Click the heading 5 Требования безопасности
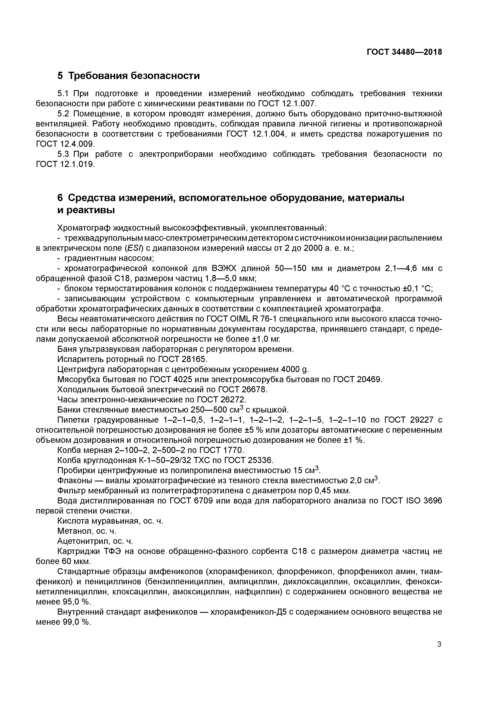click(x=129, y=76)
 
